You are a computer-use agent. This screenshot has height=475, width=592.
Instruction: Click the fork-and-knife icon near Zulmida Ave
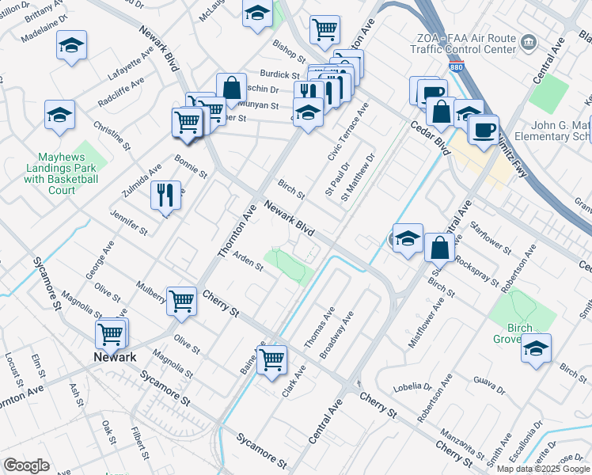(x=165, y=196)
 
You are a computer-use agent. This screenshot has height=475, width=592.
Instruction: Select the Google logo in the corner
(x=26, y=465)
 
